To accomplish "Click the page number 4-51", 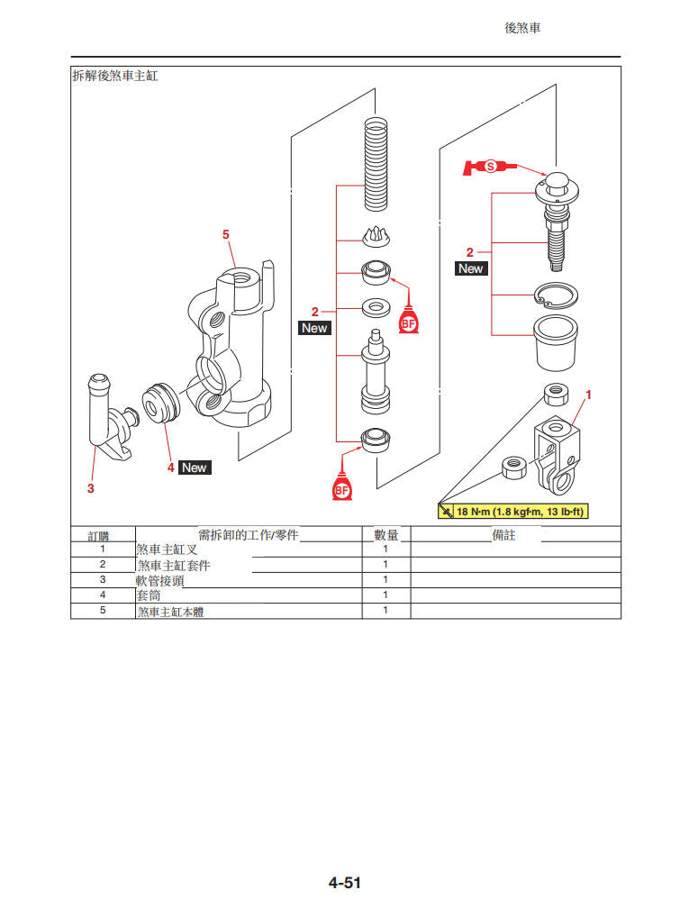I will coord(344,883).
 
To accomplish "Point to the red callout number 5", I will coord(226,234).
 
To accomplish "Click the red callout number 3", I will coord(90,488).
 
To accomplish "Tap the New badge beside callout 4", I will coord(194,468).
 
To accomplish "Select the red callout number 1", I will coord(588,395).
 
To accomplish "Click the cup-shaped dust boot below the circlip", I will coord(556,341).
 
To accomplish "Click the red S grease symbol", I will coord(490,167).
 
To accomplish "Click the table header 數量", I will coord(385,535).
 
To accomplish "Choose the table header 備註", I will coord(504,535).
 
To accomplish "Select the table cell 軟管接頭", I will coord(160,580).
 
